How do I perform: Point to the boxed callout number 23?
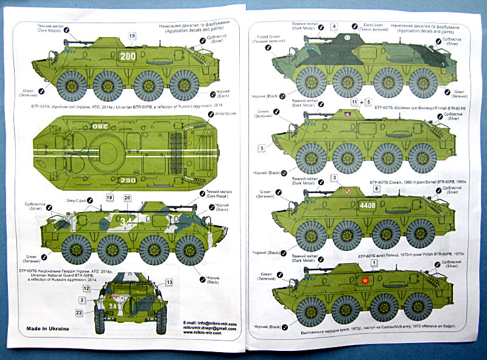79,312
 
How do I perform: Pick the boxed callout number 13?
169,282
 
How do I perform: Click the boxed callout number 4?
334,26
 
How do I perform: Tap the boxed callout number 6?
376,189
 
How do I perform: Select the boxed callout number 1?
374,262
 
